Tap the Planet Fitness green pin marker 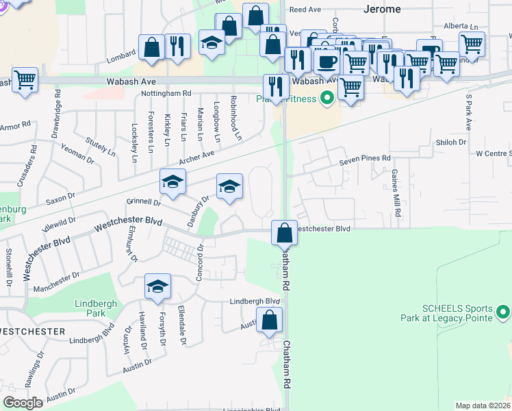(x=327, y=99)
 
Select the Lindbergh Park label (x=96, y=308)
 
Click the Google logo (x=23, y=402)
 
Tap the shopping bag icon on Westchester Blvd (x=284, y=234)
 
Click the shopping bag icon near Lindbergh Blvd (x=270, y=319)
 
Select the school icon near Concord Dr (x=157, y=286)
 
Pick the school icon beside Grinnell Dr (x=172, y=182)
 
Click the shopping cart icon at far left (x=25, y=79)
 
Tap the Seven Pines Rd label (x=366, y=160)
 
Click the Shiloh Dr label (x=450, y=142)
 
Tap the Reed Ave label (x=306, y=10)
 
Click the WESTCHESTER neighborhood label (x=33, y=332)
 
